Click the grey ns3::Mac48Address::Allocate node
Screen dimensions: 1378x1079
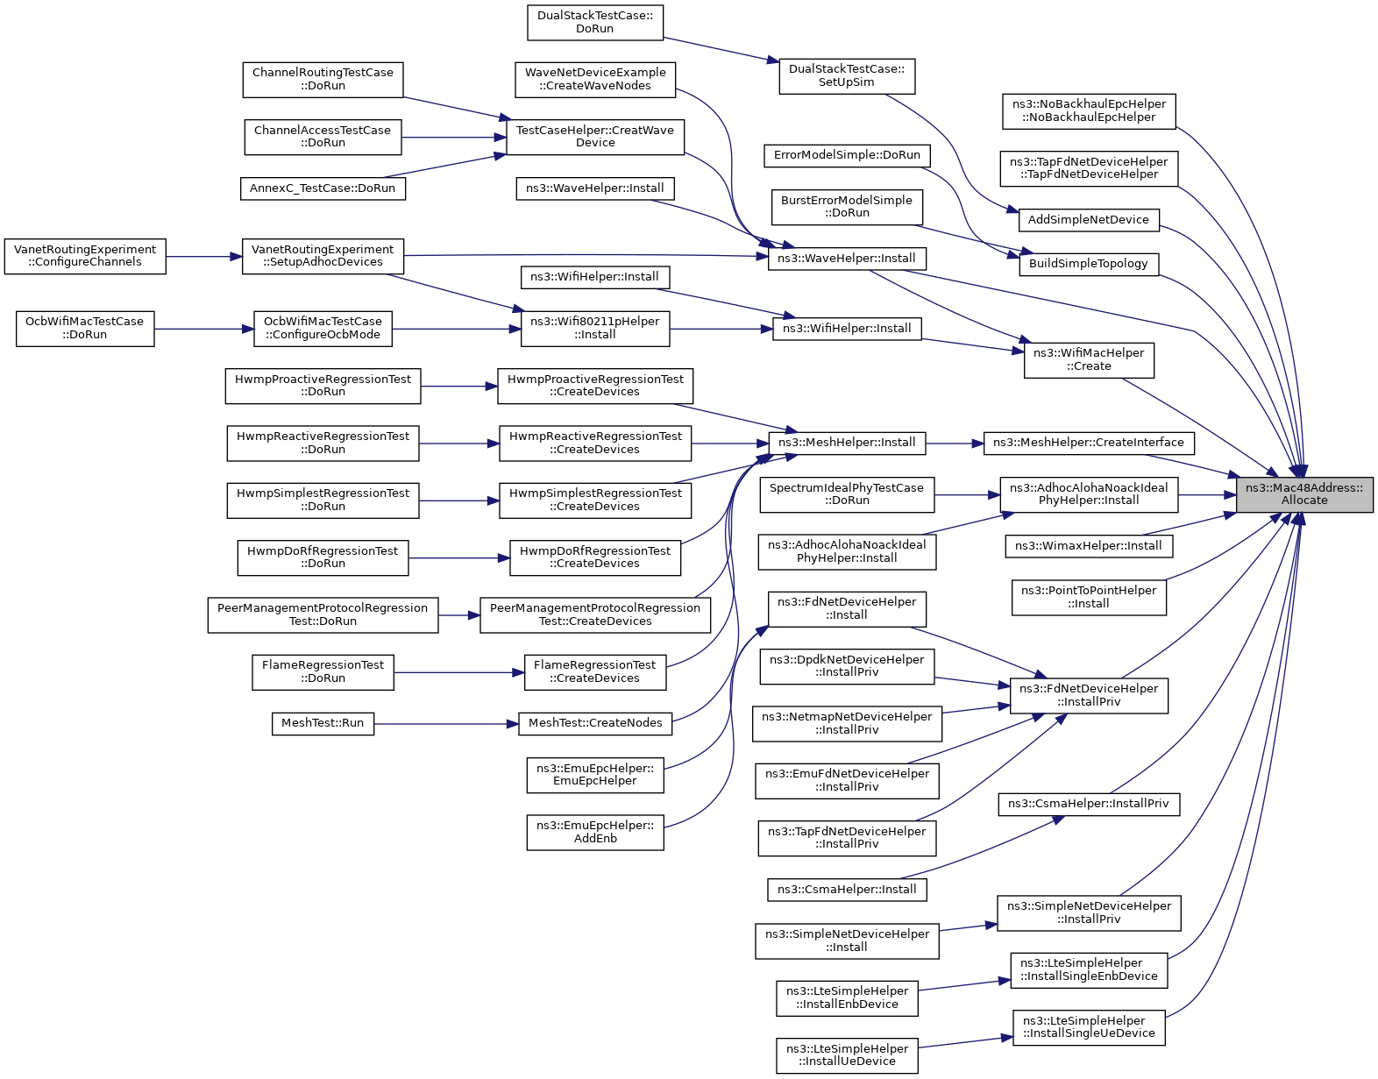[1303, 494]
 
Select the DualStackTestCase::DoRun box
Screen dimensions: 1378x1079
[595, 22]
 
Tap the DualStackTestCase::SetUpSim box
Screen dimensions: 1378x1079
[847, 76]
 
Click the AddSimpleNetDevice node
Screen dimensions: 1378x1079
[1088, 220]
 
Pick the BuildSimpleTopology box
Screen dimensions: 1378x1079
[1088, 265]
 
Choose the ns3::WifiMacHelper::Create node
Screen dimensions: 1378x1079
[1088, 360]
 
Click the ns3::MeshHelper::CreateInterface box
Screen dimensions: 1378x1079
[1088, 444]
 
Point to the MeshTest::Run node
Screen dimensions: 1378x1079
[323, 723]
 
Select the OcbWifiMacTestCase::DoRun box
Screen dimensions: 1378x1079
[85, 329]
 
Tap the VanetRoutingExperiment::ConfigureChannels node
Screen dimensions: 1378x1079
[85, 256]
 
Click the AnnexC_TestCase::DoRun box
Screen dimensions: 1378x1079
[323, 188]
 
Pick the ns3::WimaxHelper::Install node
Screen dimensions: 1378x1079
[1088, 546]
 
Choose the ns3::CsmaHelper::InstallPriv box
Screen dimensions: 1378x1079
[1088, 804]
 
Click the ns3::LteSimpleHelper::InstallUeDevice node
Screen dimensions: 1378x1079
[847, 1055]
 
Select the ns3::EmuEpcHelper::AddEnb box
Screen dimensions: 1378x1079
[595, 832]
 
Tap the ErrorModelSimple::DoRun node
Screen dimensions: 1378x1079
[847, 156]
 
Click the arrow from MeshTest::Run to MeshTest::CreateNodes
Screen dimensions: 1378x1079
[446, 724]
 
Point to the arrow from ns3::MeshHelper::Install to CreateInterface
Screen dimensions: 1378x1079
[955, 444]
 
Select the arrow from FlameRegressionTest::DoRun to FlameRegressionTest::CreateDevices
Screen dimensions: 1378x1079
[459, 672]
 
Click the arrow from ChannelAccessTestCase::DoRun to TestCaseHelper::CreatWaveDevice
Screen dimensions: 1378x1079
[454, 137]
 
